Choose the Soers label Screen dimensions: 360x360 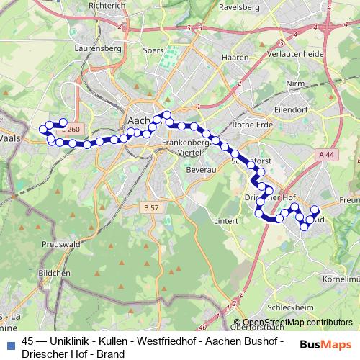click(152, 50)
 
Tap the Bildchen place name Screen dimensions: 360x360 click(55, 274)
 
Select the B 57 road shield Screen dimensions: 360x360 click(150, 207)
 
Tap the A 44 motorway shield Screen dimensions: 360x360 click(326, 154)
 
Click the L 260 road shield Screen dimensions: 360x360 click(72, 130)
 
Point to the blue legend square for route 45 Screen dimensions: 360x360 click(9, 342)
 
